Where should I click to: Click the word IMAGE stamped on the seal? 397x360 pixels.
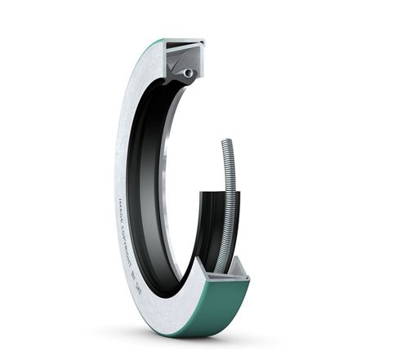click(x=125, y=210)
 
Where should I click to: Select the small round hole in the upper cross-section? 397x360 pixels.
click(x=189, y=73)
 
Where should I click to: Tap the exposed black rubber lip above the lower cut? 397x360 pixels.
click(x=210, y=220)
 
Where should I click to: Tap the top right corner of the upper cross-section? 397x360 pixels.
click(x=203, y=40)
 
